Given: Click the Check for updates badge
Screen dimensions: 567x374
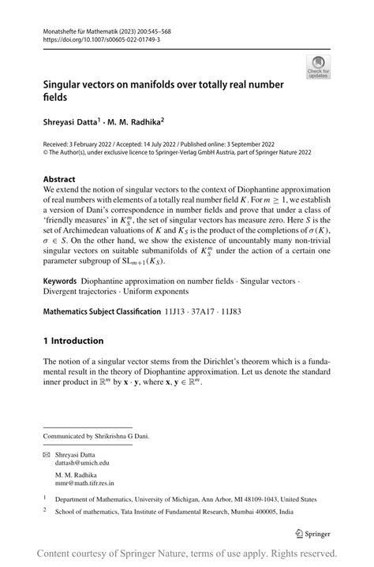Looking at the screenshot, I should click(319, 67).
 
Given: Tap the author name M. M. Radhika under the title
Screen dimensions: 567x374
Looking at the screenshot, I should click(138, 122).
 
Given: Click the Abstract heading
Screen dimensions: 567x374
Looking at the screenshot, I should click(59, 179).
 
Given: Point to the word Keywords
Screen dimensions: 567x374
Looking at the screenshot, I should click(59, 281).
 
